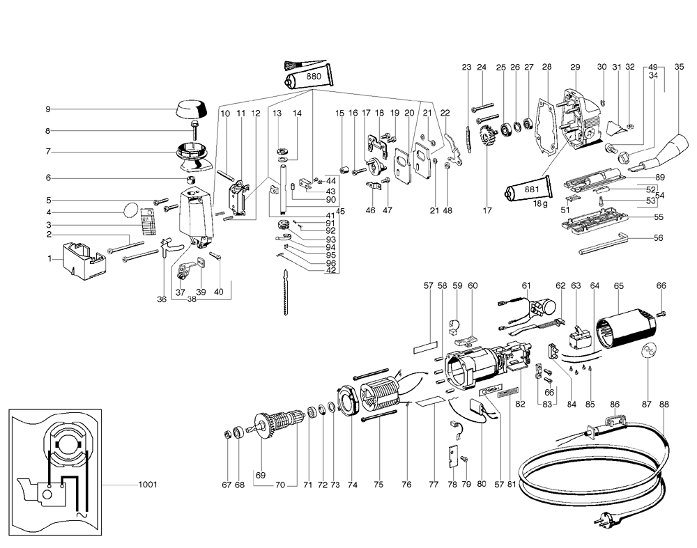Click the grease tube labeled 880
click(x=307, y=77)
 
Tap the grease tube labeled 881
click(x=528, y=189)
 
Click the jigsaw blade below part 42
click(x=284, y=292)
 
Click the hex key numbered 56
click(x=603, y=244)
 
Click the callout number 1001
click(x=147, y=485)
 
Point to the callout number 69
click(x=261, y=475)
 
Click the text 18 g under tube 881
click(x=541, y=204)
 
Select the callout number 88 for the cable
click(x=664, y=405)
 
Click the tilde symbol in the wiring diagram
click(x=82, y=515)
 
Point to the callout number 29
click(x=575, y=67)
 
